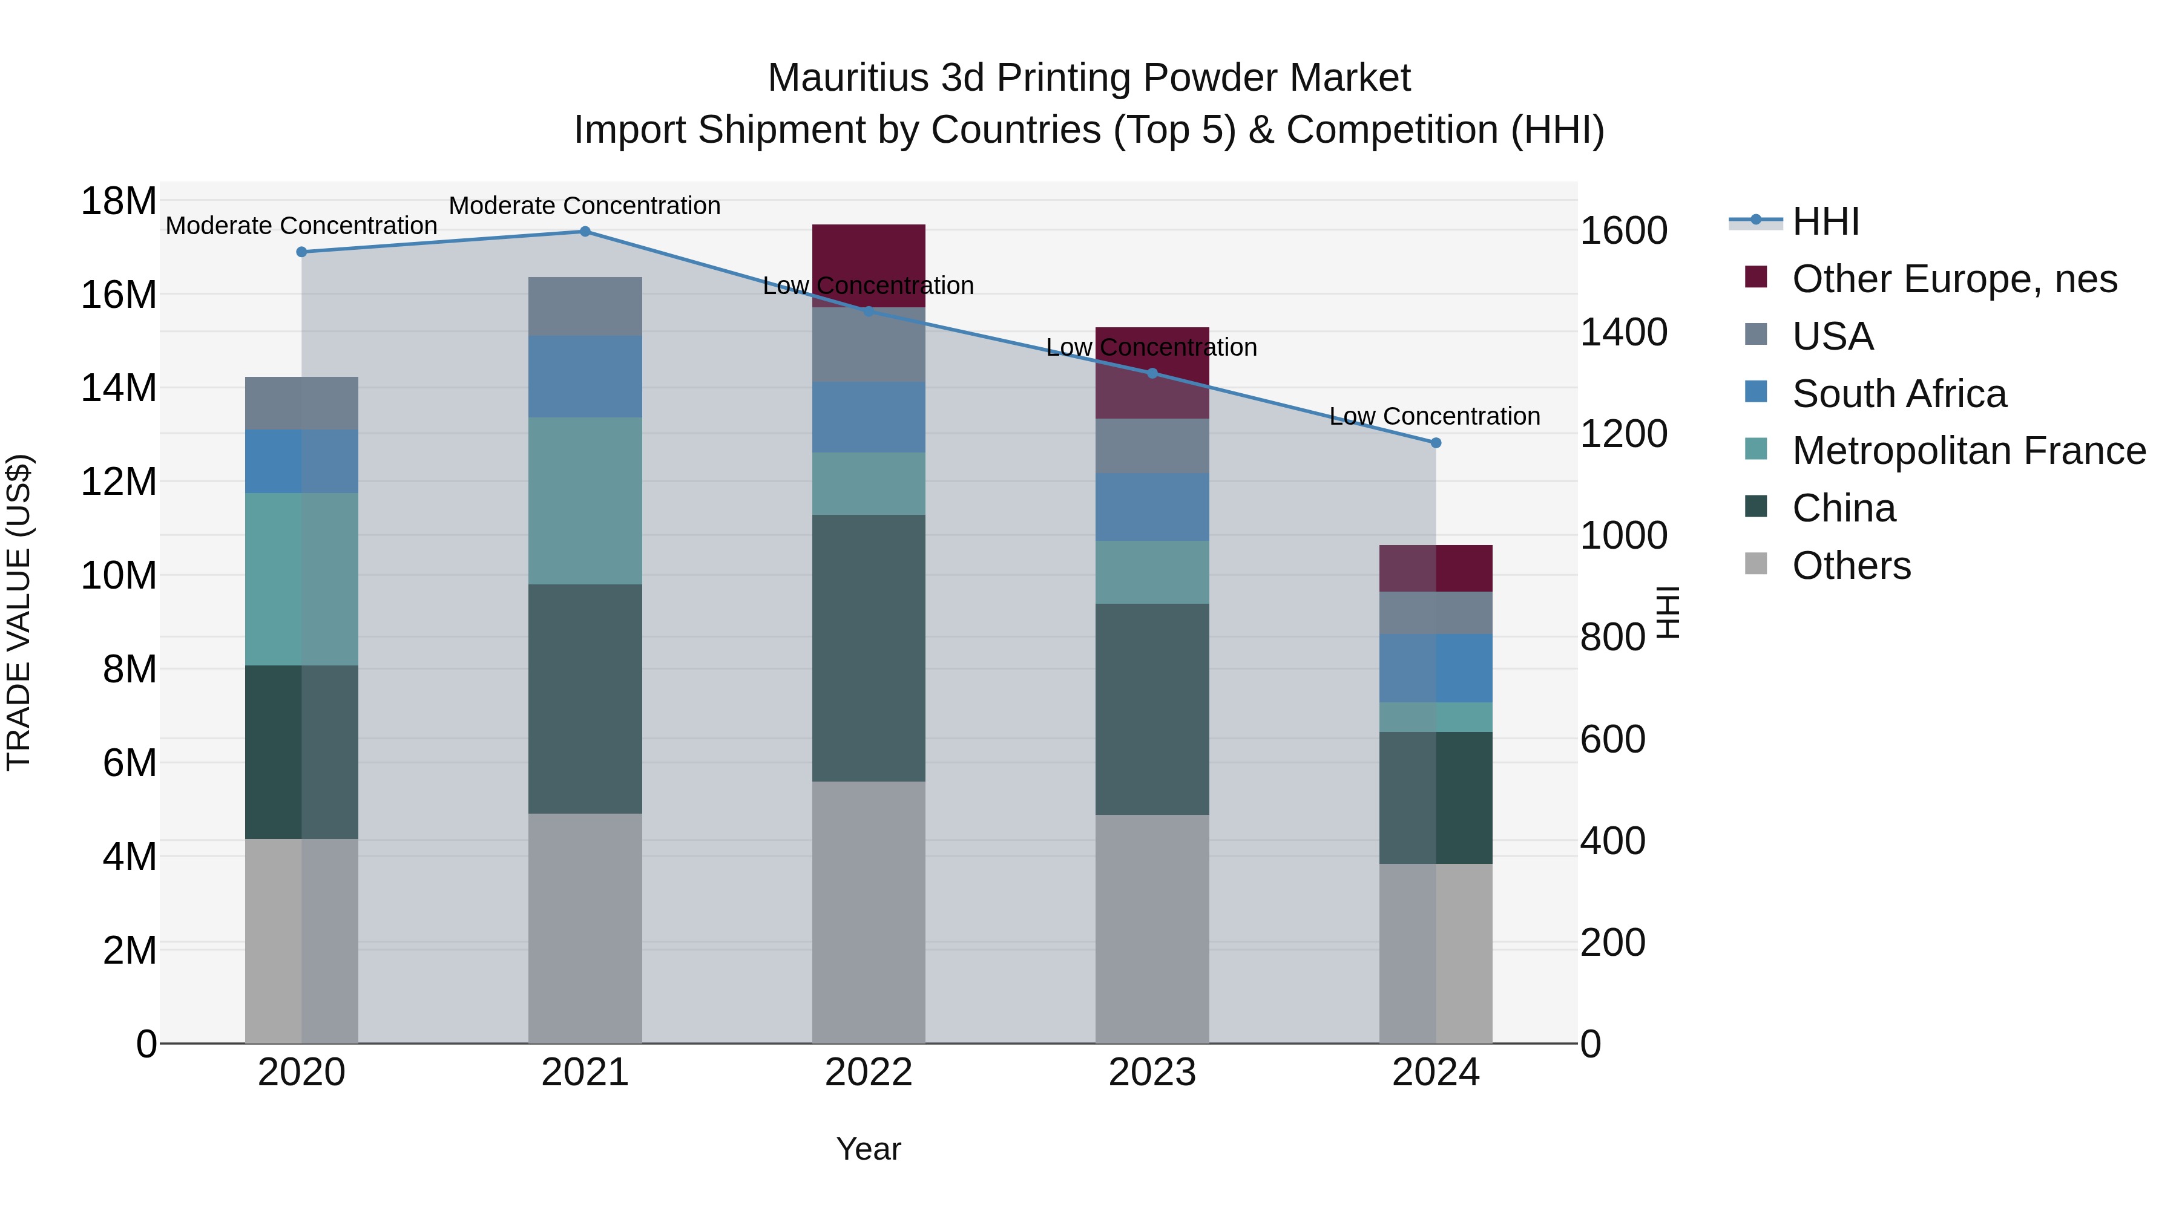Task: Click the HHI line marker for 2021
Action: click(x=585, y=232)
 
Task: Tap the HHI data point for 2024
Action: click(x=1436, y=443)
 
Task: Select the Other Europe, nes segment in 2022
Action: click(x=869, y=253)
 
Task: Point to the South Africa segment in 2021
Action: click(x=585, y=376)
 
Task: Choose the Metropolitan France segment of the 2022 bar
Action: click(x=869, y=483)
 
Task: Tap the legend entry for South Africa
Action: click(x=1898, y=394)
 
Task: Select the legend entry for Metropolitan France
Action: click(x=1968, y=451)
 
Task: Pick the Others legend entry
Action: click(x=1851, y=566)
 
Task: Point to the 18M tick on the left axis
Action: click(x=119, y=201)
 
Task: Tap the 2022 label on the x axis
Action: click(x=869, y=1074)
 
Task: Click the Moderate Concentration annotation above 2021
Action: click(x=585, y=206)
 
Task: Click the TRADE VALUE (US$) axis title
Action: click(x=19, y=612)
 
